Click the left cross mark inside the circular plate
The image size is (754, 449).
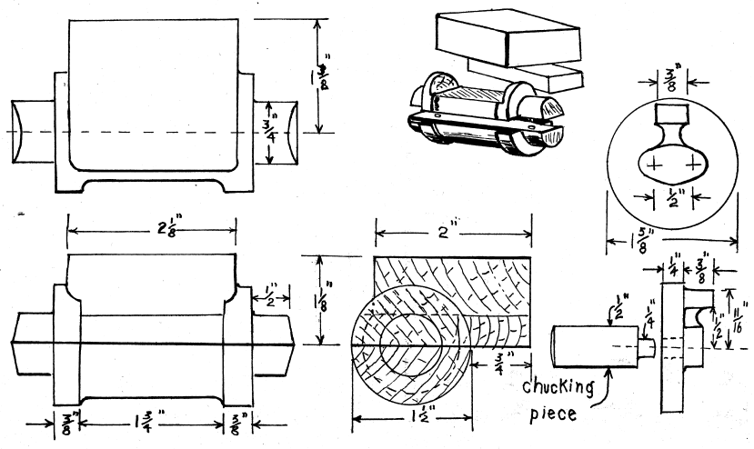click(648, 165)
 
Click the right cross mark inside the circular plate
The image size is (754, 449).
click(694, 165)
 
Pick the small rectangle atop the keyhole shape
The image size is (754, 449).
click(671, 115)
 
